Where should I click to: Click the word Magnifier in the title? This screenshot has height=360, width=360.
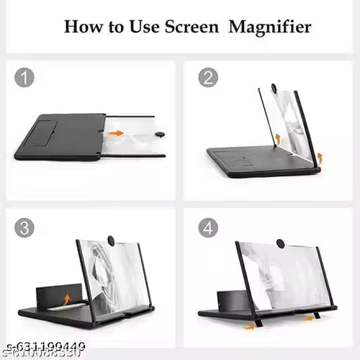[270, 27]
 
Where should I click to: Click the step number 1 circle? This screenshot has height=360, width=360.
[24, 77]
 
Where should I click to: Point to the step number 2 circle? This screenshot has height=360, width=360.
[208, 77]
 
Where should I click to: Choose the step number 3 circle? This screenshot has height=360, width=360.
[24, 228]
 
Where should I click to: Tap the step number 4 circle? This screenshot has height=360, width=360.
[208, 228]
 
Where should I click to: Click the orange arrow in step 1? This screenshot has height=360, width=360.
[116, 133]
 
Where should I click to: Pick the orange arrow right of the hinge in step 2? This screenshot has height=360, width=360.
[320, 157]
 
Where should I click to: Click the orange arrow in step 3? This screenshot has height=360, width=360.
[66, 298]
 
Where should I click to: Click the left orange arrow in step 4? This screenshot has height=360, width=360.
[249, 326]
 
